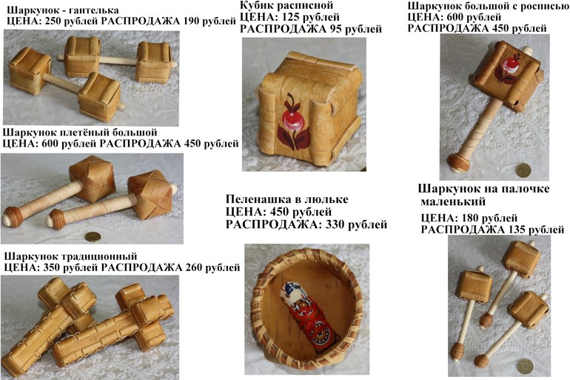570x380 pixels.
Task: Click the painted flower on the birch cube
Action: (x=293, y=122)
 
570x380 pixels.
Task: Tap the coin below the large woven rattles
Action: (x=93, y=237)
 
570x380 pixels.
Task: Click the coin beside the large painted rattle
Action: (x=524, y=170)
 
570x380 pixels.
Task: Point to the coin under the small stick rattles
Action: (x=526, y=366)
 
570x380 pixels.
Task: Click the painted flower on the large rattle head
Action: (x=506, y=67)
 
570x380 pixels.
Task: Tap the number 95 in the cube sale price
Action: (x=335, y=29)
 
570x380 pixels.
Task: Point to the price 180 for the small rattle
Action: (x=472, y=219)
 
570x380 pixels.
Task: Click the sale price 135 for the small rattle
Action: (x=515, y=230)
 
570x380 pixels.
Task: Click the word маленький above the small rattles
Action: (x=453, y=201)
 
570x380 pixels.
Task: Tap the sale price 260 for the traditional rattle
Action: (x=193, y=268)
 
